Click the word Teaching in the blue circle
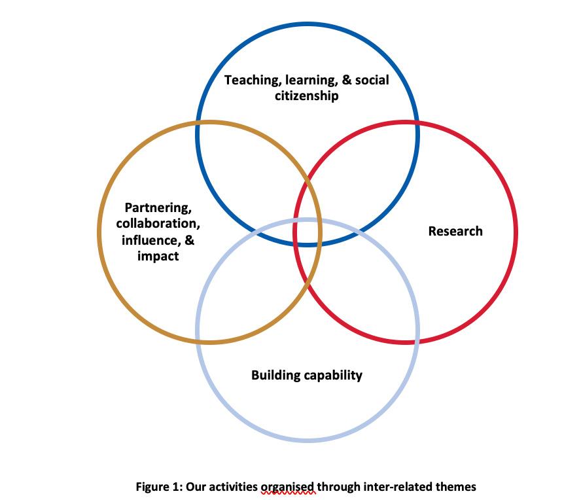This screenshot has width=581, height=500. pyautogui.click(x=248, y=80)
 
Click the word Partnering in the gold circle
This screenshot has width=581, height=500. pyautogui.click(x=158, y=208)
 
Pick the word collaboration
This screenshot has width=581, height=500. pyautogui.click(x=158, y=224)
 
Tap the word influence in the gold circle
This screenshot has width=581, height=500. pyautogui.click(x=149, y=240)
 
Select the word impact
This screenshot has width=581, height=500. pyautogui.click(x=158, y=256)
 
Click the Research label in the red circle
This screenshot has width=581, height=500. pyautogui.click(x=455, y=231)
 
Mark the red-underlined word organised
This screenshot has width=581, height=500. pyautogui.click(x=288, y=486)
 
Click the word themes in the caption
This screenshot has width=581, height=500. pyautogui.click(x=456, y=486)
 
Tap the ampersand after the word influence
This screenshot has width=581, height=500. pyautogui.click(x=190, y=240)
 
